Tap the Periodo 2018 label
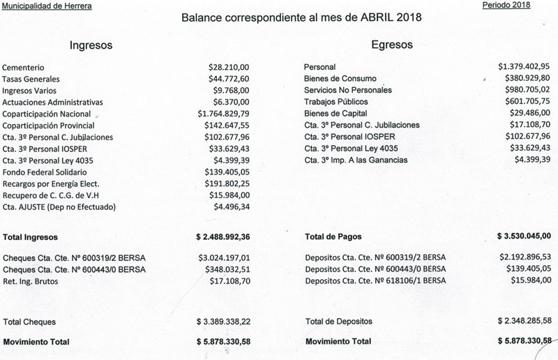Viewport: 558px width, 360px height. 506,6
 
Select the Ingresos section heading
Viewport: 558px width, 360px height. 91,45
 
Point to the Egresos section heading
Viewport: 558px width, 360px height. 391,45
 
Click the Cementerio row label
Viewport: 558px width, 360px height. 25,67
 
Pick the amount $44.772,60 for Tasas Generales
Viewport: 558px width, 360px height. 229,79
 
